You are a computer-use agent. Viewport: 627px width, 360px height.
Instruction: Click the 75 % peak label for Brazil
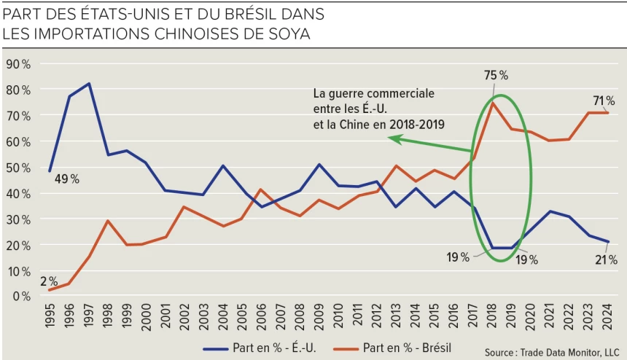pos(495,75)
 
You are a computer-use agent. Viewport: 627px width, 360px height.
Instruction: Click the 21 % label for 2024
pos(605,259)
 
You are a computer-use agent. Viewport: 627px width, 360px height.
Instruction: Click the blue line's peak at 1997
pos(89,84)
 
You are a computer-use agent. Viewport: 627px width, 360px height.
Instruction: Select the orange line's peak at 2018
pos(493,103)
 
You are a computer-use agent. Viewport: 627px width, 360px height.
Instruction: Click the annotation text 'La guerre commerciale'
pos(373,94)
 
